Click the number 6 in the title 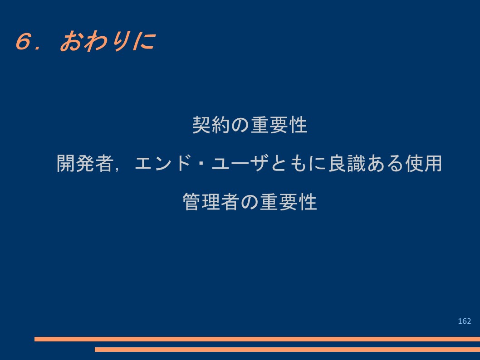(24, 41)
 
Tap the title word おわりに (107, 41)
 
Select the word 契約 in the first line (211, 125)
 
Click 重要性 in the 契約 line (279, 125)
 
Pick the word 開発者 (85, 163)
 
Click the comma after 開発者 (117, 169)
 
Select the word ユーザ (240, 163)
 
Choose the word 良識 (347, 163)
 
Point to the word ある (386, 163)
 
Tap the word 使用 (423, 163)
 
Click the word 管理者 (211, 202)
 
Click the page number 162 (465, 321)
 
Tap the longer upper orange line (257, 339)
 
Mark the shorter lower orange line (288, 349)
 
